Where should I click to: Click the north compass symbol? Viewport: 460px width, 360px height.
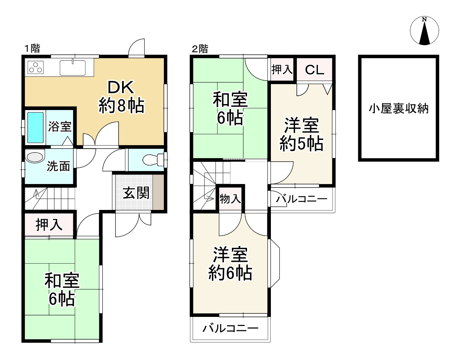(x=425, y=31)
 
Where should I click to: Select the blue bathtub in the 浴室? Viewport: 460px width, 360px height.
(x=35, y=127)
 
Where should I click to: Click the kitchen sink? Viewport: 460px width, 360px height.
(x=73, y=68)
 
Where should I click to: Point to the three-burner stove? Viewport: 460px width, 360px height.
(x=35, y=67)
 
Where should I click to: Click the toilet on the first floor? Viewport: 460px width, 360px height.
(x=153, y=160)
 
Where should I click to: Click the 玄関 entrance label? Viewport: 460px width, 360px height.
(x=136, y=193)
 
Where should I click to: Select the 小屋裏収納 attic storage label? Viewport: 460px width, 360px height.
(x=399, y=109)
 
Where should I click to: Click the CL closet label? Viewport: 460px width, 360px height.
(x=314, y=70)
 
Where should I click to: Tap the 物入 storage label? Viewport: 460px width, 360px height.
(x=230, y=199)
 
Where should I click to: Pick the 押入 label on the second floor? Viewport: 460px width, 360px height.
(x=282, y=69)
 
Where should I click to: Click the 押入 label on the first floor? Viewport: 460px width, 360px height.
(x=49, y=225)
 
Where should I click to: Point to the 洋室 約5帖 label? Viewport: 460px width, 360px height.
(x=301, y=135)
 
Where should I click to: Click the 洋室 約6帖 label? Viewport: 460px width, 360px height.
(x=230, y=264)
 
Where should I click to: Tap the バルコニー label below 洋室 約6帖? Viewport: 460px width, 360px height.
(x=231, y=328)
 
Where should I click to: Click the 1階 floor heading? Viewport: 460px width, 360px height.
(x=32, y=48)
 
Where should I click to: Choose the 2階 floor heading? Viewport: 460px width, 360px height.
(x=200, y=49)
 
